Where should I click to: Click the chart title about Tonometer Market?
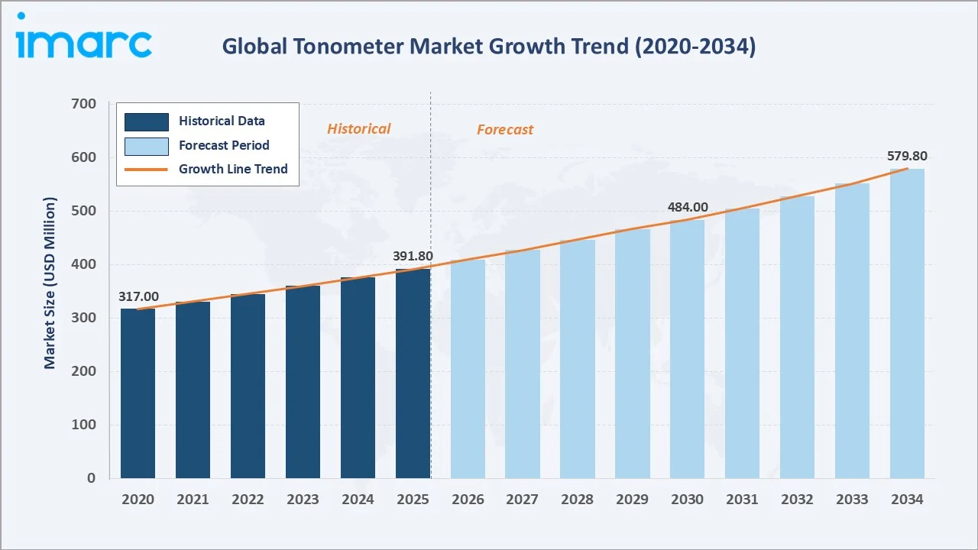click(489, 47)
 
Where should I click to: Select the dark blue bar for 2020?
click(138, 393)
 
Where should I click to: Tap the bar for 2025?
click(413, 374)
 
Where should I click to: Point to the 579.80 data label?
click(907, 157)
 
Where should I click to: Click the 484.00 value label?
click(688, 207)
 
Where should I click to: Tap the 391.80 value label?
click(413, 257)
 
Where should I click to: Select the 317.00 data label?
click(138, 296)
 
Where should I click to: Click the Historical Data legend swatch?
click(146, 121)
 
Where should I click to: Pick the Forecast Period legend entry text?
click(224, 145)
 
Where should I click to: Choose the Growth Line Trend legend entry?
click(233, 169)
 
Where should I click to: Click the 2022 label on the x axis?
click(248, 500)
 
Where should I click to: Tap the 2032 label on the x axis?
click(797, 500)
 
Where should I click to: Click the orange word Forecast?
click(505, 130)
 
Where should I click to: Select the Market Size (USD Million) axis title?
click(50, 283)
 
